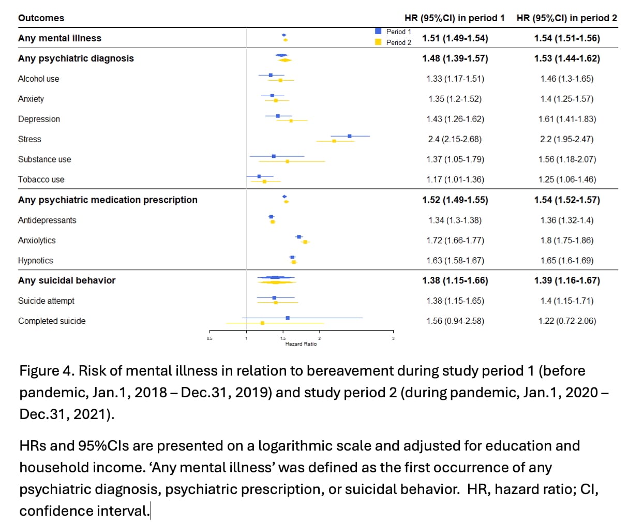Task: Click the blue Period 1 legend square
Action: [378, 31]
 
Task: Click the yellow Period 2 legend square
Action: [378, 42]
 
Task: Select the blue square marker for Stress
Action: [350, 136]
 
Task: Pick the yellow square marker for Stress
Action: [334, 141]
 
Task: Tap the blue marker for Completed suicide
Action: [288, 318]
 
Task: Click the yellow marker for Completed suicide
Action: [262, 323]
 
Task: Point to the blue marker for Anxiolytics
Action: [299, 237]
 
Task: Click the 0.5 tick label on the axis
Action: [209, 338]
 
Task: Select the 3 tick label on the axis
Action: [393, 338]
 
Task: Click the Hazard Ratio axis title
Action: [301, 343]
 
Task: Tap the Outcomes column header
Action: [41, 18]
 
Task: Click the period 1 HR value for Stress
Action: [455, 139]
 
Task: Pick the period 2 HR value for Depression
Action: [567, 119]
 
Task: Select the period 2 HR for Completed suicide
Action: [567, 321]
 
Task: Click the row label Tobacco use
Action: [41, 180]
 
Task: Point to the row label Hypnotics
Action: [36, 261]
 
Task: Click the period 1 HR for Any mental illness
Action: [455, 38]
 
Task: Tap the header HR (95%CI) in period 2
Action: [566, 18]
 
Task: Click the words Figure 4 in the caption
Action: [47, 371]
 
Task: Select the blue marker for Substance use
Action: [274, 156]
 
